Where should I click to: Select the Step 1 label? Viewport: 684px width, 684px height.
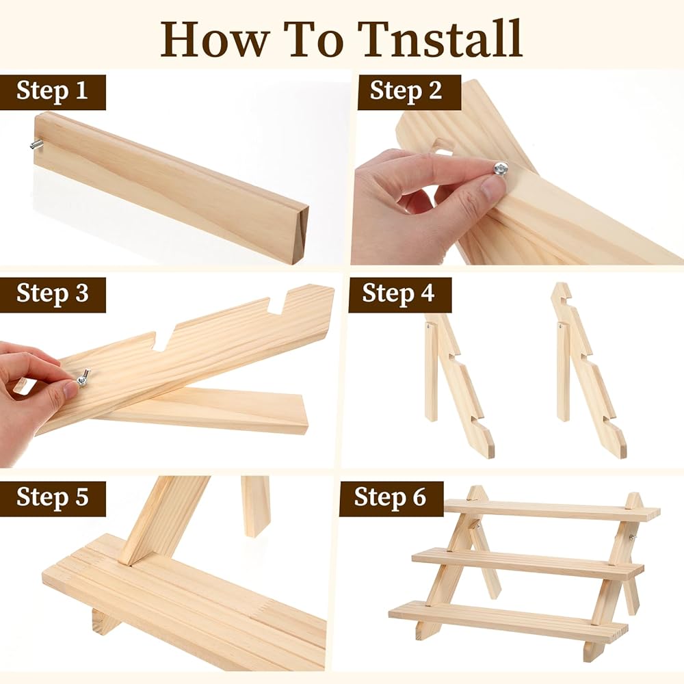53,91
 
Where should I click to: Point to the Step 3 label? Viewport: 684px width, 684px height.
53,293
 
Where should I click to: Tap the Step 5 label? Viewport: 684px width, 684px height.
53,497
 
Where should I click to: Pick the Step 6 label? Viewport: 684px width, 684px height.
390,497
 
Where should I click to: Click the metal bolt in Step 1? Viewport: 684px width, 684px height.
34,145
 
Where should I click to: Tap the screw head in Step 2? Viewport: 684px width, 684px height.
501,168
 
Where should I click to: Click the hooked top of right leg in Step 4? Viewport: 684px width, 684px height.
563,294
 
